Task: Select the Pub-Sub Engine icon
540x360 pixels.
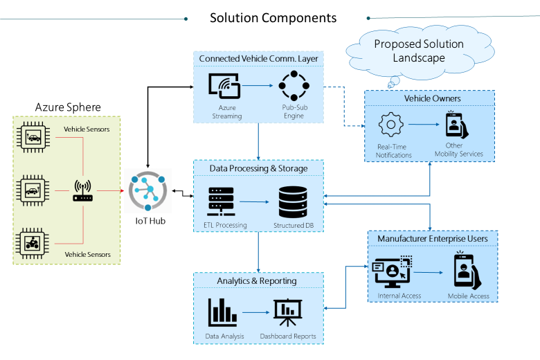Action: tap(293, 88)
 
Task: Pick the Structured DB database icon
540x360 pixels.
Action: tap(293, 201)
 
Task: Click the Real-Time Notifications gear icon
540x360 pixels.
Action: tap(391, 125)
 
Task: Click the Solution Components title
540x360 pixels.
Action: tap(273, 17)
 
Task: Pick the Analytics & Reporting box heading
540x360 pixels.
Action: tap(257, 281)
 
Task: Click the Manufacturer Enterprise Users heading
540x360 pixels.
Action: tap(433, 239)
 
